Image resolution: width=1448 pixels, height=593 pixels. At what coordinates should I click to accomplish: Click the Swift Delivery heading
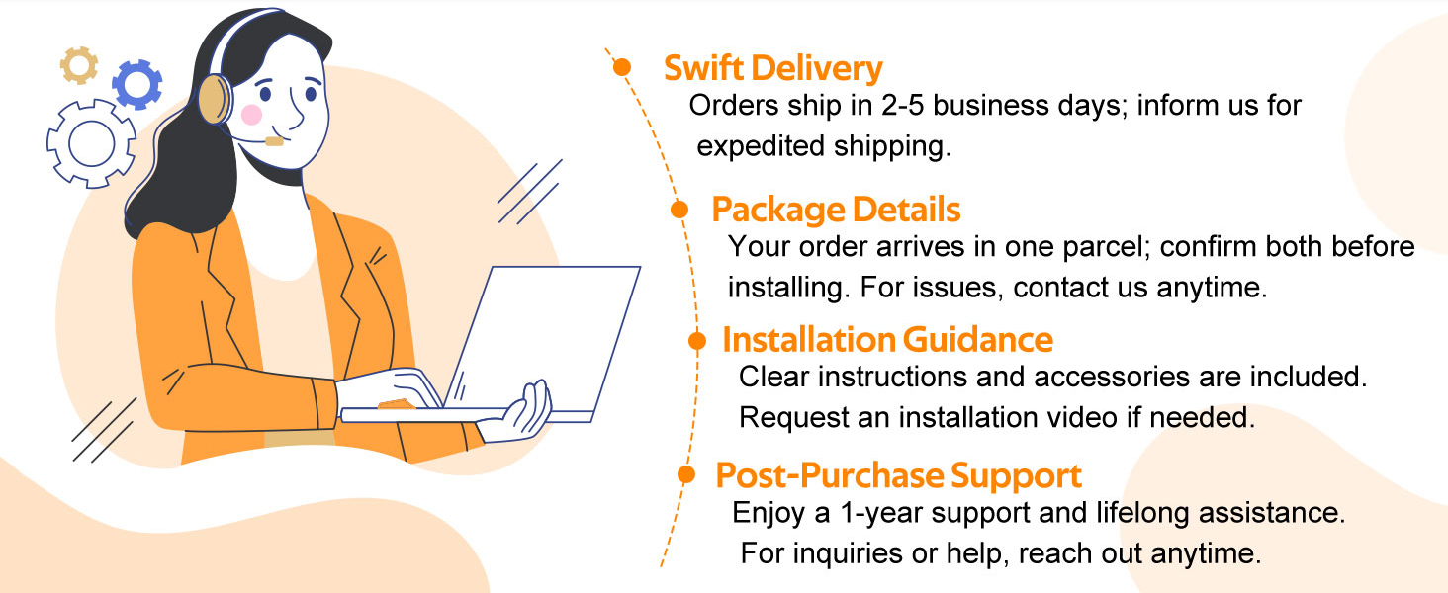[x=772, y=69]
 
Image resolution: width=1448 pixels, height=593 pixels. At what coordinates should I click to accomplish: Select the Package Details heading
[x=836, y=210]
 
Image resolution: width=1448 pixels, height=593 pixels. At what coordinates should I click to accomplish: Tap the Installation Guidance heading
[x=887, y=340]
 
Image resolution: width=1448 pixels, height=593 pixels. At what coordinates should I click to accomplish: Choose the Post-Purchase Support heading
[x=898, y=475]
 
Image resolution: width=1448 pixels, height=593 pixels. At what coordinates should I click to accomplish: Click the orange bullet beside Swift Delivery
[x=622, y=67]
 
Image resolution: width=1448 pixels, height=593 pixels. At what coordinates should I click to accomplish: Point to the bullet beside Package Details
[x=679, y=209]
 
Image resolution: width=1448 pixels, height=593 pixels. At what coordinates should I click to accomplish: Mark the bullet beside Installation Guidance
[x=697, y=341]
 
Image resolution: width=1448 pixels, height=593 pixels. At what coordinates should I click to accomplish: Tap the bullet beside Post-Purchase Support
[x=685, y=474]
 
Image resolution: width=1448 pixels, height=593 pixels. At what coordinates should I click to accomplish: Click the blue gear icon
[x=136, y=84]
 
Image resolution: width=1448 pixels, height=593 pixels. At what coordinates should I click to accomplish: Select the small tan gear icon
[x=79, y=65]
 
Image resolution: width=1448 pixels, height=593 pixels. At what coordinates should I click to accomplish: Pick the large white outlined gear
[x=91, y=143]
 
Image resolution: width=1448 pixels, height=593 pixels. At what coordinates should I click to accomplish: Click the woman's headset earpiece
[x=214, y=101]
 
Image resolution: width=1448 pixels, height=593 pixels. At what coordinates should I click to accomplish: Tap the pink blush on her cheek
[x=251, y=115]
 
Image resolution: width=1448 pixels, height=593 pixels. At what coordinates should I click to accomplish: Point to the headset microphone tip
[x=274, y=141]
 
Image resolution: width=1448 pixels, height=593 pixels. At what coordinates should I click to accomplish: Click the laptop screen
[x=544, y=336]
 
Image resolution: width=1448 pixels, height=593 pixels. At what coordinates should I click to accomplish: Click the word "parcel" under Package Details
[x=1102, y=247]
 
